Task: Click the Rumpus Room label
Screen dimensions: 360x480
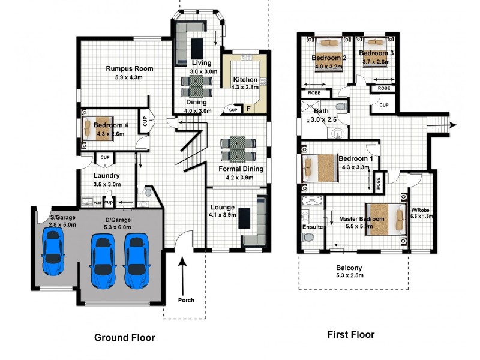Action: coord(129,68)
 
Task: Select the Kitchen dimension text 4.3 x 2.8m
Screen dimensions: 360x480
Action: coord(245,88)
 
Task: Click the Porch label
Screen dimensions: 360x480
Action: coord(187,300)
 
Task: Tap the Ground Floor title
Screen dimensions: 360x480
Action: coord(125,338)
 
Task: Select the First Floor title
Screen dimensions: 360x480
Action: coord(351,335)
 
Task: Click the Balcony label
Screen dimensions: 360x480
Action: coord(349,268)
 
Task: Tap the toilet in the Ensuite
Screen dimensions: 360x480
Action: coord(308,237)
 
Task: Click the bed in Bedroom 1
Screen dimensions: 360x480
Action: coord(319,167)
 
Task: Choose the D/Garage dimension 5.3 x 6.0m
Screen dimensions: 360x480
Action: coord(117,227)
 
